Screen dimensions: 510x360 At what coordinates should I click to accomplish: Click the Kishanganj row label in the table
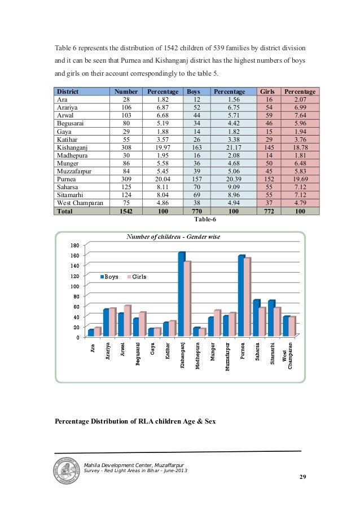72,143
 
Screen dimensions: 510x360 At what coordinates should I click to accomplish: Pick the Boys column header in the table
194,91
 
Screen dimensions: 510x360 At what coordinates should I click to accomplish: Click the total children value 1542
126,211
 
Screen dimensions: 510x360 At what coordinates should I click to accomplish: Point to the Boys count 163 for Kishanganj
194,143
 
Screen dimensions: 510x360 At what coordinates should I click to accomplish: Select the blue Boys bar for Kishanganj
181,294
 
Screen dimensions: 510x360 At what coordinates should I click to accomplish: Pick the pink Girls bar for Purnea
247,297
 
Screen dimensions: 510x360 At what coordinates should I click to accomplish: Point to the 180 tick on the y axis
74,245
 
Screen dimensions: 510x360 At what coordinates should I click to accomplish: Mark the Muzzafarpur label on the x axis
226,355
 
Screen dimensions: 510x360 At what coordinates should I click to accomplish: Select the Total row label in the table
64,211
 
